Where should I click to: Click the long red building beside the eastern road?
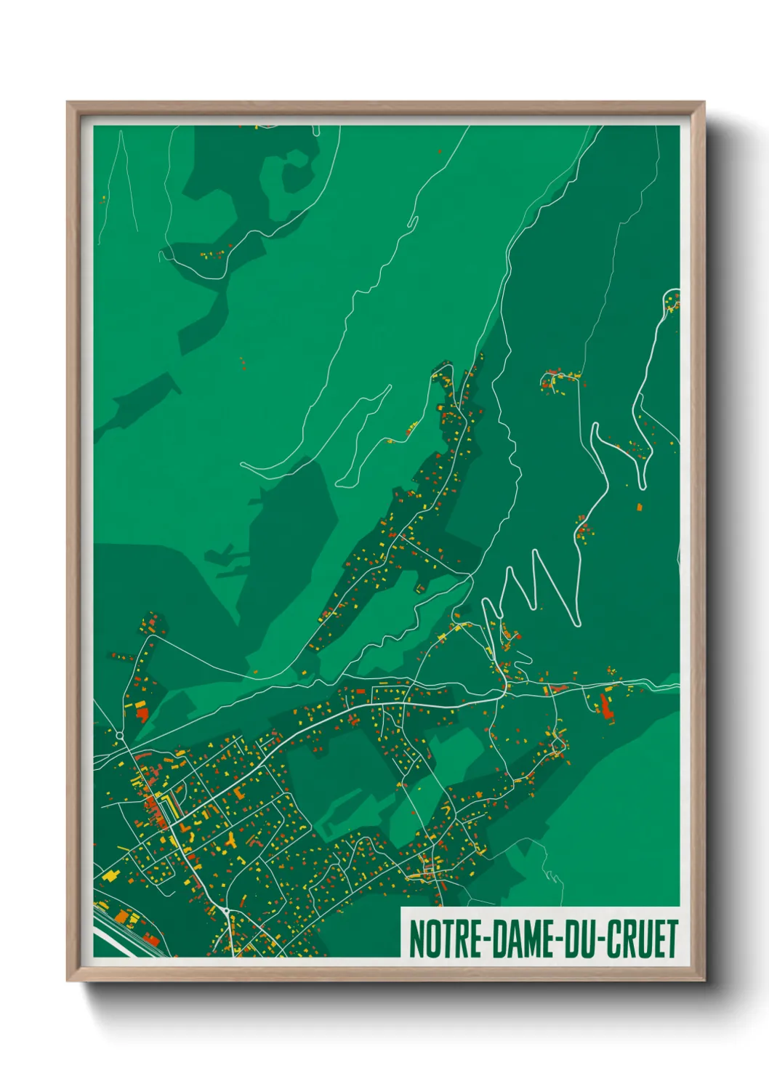point(605,706)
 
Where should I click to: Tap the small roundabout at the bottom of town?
point(227,910)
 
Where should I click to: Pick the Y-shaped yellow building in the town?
point(232,840)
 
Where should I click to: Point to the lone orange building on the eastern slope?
point(640,507)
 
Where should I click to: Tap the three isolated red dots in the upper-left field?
point(243,363)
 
